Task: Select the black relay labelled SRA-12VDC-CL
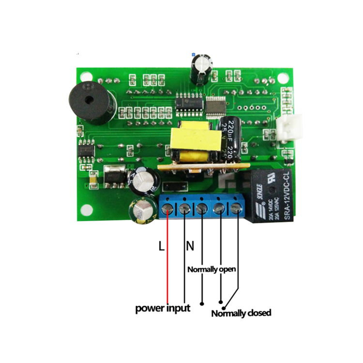coord(271,194)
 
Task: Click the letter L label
coord(162,246)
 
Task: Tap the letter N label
coord(190,246)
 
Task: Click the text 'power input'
coord(163,308)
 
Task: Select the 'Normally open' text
coord(212,269)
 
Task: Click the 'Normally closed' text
coord(241,313)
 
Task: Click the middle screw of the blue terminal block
coord(201,209)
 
